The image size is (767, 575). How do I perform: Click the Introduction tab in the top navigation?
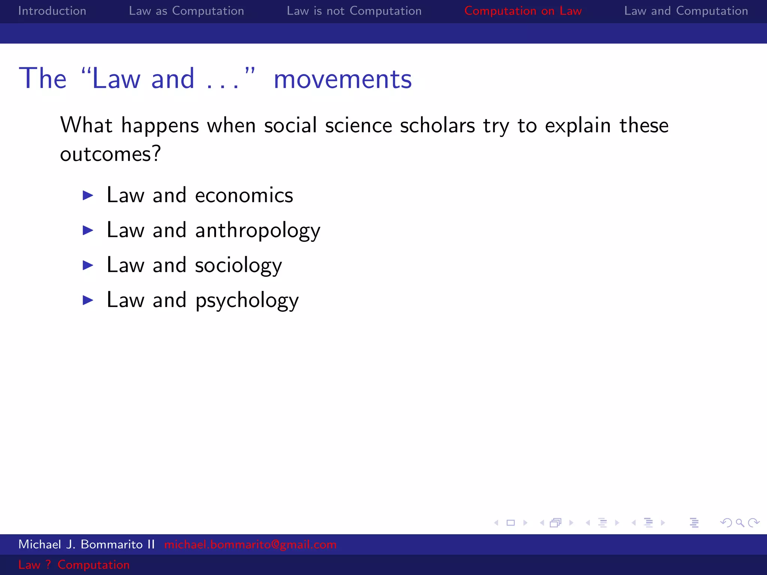pyautogui.click(x=52, y=11)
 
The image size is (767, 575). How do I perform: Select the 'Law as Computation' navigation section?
pyautogui.click(x=186, y=11)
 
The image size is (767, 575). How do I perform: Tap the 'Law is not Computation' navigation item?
pyautogui.click(x=354, y=11)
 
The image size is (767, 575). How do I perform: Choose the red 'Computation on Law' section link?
pyautogui.click(x=523, y=11)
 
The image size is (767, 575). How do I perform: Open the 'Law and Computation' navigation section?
pyautogui.click(x=686, y=11)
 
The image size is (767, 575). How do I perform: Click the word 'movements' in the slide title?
pyautogui.click(x=342, y=79)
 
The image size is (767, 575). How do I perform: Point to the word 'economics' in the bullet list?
pyautogui.click(x=244, y=195)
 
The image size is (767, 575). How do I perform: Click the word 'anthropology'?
pyautogui.click(x=258, y=231)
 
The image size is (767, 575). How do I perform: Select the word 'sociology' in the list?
pyautogui.click(x=238, y=265)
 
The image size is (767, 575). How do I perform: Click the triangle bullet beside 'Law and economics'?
pyautogui.click(x=88, y=195)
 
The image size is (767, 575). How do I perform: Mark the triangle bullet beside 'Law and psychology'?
pyautogui.click(x=88, y=300)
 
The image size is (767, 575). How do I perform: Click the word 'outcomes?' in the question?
pyautogui.click(x=110, y=154)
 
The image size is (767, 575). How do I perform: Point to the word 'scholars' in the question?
pyautogui.click(x=437, y=125)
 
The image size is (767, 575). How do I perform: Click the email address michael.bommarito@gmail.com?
pyautogui.click(x=250, y=544)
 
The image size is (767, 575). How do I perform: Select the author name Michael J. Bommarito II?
pyautogui.click(x=87, y=544)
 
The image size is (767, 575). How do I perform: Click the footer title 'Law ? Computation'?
pyautogui.click(x=74, y=565)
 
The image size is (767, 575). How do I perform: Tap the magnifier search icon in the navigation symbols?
pyautogui.click(x=740, y=523)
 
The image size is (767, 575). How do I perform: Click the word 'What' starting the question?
pyautogui.click(x=86, y=125)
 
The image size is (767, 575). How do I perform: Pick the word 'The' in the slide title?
pyautogui.click(x=43, y=79)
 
